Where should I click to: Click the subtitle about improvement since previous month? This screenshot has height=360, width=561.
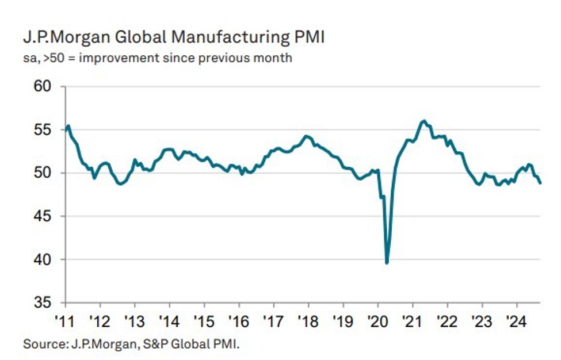(157, 58)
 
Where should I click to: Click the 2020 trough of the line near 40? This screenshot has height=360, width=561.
(387, 263)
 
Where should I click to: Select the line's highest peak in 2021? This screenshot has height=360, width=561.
(424, 121)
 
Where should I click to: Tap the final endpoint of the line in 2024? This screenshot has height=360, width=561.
(540, 183)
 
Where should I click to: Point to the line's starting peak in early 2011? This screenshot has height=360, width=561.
(68, 126)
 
